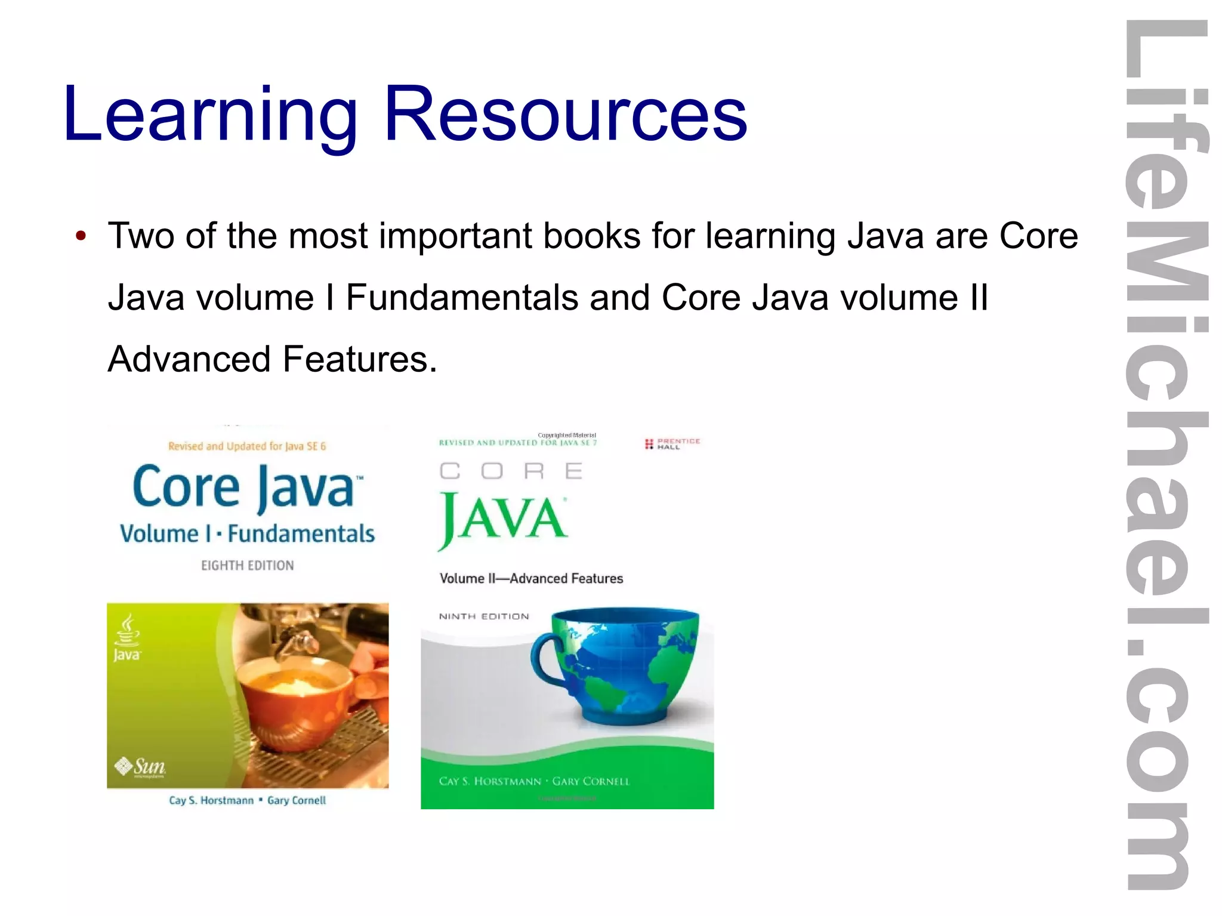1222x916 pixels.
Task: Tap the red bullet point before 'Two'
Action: click(81, 236)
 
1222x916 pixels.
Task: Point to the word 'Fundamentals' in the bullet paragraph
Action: click(462, 297)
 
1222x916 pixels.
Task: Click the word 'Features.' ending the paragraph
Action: click(360, 359)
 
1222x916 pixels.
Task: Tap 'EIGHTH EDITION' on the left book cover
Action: click(247, 565)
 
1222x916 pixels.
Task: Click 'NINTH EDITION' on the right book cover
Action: click(484, 616)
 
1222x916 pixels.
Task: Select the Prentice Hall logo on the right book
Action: click(672, 443)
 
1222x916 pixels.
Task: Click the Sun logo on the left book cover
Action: click(141, 766)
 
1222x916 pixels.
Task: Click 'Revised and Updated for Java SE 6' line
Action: click(247, 446)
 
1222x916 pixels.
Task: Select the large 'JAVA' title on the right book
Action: click(502, 518)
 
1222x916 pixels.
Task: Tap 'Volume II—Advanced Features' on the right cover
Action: click(531, 578)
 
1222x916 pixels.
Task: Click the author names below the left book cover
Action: click(247, 800)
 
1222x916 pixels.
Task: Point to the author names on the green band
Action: click(534, 781)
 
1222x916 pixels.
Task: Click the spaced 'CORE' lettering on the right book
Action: click(511, 471)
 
